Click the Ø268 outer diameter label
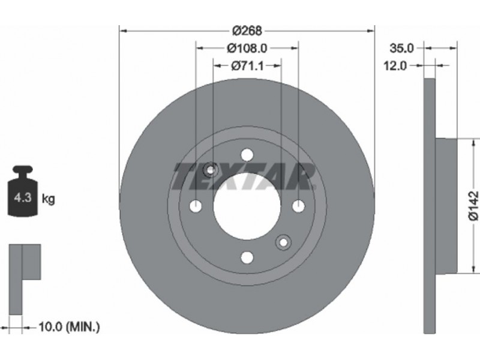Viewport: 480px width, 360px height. coord(247,31)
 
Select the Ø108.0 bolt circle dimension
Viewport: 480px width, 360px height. coord(247,48)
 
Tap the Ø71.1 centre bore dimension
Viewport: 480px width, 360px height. coord(247,65)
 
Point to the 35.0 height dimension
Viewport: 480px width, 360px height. coord(401,48)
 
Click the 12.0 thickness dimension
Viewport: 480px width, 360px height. coord(395,65)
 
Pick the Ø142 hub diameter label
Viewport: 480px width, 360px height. coord(473,205)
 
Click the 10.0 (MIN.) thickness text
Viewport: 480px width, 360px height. coord(69,327)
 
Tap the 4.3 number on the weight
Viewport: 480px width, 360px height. coord(23,198)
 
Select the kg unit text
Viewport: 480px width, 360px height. coord(48,199)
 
